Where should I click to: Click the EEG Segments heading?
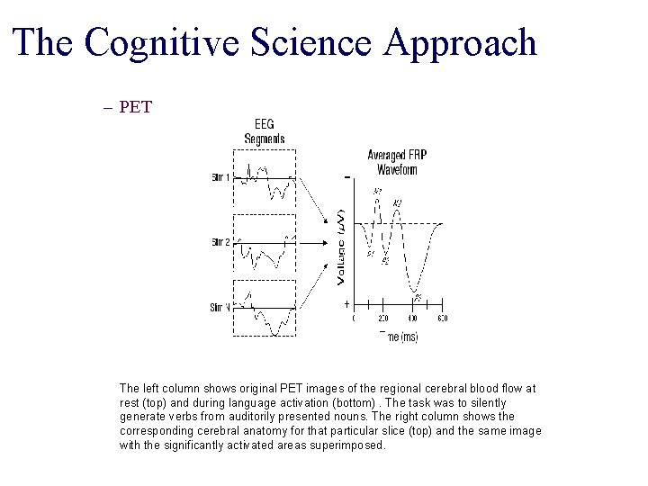[x=264, y=132]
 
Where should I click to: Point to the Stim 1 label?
[x=220, y=177]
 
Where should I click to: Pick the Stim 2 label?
[x=220, y=242]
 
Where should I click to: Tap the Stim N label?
[x=220, y=307]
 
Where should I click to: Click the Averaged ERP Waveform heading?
[x=396, y=161]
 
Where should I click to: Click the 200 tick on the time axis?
[x=383, y=319]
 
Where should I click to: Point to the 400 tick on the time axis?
[x=413, y=319]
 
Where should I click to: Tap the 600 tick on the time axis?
[x=442, y=319]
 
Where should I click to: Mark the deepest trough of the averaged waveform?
[x=414, y=292]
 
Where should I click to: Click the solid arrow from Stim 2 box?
[x=310, y=242]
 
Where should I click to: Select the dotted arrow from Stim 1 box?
[x=311, y=203]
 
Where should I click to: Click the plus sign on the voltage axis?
[x=346, y=305]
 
